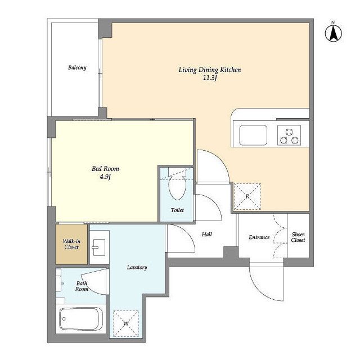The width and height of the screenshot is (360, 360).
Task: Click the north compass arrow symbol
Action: tap(334, 32)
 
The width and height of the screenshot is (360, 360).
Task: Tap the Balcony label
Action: tap(77, 67)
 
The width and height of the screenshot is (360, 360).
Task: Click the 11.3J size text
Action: tap(210, 78)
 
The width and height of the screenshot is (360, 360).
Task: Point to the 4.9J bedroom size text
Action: tap(105, 177)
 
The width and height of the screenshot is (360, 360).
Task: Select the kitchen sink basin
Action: tap(253, 135)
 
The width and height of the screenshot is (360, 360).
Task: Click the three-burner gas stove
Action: tap(289, 135)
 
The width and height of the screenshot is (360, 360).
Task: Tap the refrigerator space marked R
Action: tap(247, 196)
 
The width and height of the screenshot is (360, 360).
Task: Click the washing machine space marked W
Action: tap(126, 324)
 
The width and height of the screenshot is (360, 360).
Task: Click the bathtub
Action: tap(80, 319)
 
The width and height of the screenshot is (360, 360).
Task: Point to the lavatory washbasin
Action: tap(99, 247)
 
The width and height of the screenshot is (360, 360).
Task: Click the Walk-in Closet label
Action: tap(71, 244)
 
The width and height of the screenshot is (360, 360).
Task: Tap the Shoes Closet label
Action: tap(298, 237)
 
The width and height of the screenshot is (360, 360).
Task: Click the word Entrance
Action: tap(259, 237)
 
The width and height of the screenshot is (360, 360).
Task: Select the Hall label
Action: tap(206, 235)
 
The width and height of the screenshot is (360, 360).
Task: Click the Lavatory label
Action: tap(137, 268)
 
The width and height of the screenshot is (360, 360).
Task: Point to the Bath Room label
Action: tap(82, 286)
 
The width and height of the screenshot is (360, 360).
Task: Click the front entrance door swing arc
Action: tap(260, 290)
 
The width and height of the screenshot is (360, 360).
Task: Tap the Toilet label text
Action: tap(177, 210)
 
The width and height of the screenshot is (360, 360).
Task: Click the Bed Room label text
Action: tap(105, 169)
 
